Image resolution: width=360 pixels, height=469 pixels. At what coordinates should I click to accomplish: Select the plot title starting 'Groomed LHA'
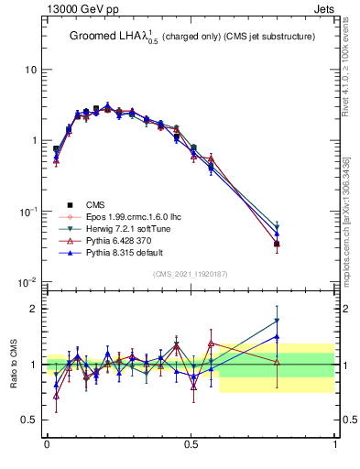click(192, 37)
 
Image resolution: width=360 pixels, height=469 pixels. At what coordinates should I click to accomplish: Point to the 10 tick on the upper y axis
click(30, 70)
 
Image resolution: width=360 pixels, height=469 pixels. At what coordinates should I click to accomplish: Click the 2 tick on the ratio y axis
click(35, 309)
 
